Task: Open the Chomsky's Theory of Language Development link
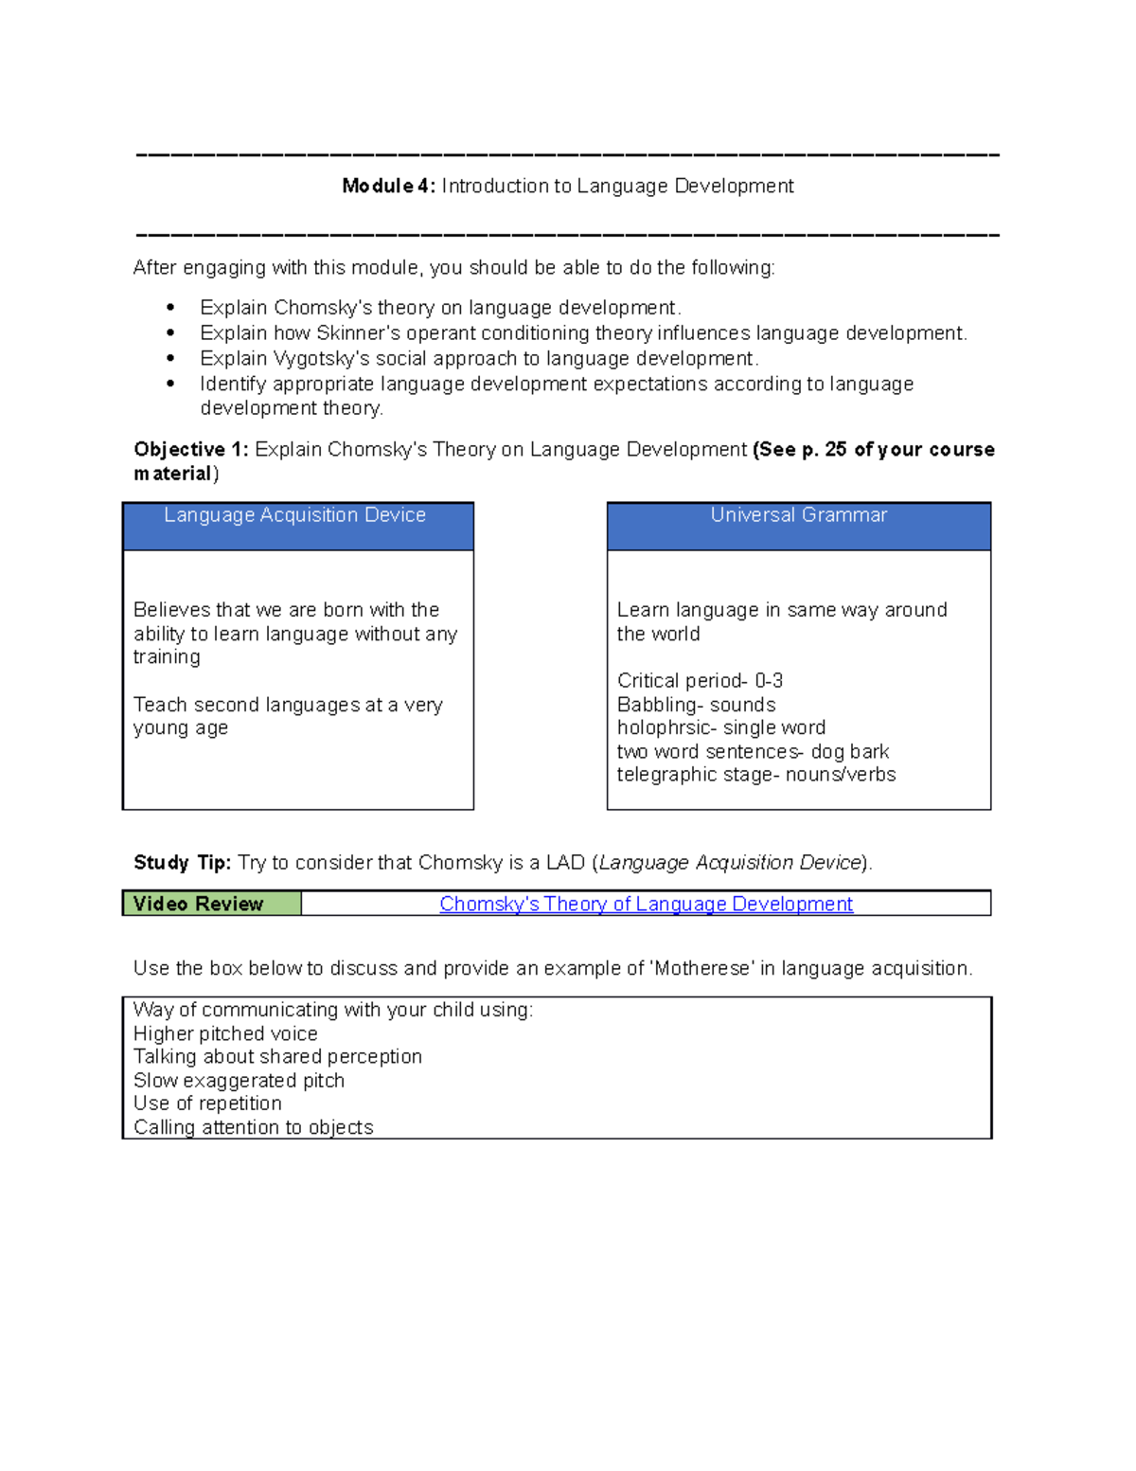pos(646,905)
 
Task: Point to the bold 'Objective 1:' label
pos(191,450)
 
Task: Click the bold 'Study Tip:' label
pos(182,863)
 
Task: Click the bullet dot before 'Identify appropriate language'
pos(170,384)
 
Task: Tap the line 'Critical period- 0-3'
pos(700,681)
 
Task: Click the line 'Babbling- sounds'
pos(696,705)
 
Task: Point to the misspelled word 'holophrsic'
pos(663,727)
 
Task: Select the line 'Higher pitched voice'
pos(225,1034)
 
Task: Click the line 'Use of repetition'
pos(207,1103)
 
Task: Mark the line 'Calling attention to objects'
pos(253,1127)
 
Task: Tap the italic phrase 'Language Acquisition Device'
pos(730,863)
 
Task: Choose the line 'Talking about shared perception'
pos(277,1057)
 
